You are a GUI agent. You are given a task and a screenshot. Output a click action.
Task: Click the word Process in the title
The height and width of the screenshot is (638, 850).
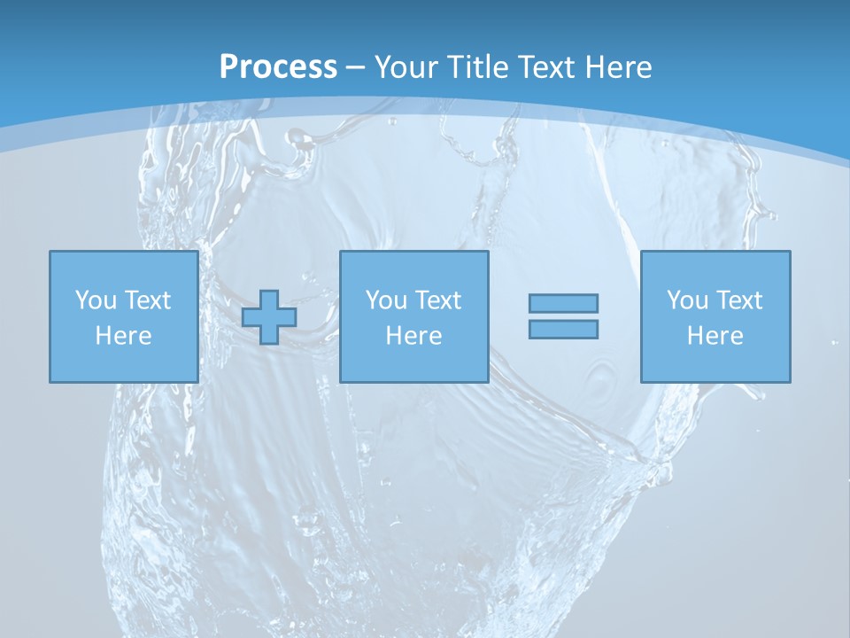tap(278, 67)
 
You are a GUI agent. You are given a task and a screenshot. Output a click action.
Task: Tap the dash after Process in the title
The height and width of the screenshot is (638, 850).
tap(356, 67)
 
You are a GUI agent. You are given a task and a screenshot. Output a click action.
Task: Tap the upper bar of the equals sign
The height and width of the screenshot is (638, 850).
tap(563, 303)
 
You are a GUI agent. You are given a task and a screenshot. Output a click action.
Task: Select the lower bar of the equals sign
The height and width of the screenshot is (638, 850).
tap(563, 329)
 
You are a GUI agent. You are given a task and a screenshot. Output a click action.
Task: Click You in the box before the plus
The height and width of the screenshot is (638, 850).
tap(95, 300)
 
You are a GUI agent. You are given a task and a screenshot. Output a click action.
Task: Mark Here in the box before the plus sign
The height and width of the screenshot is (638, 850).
tap(123, 336)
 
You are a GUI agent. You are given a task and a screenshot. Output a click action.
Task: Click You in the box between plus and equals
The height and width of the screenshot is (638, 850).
tap(385, 300)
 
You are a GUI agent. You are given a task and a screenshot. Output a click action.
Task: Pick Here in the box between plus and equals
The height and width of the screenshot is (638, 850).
tap(413, 336)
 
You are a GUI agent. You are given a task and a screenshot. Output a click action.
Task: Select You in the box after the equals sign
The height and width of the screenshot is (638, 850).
tap(686, 300)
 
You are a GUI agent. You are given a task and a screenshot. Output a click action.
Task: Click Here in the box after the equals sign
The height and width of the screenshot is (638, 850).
tap(715, 336)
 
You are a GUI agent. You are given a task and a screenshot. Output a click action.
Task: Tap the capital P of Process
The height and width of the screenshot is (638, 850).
tap(228, 67)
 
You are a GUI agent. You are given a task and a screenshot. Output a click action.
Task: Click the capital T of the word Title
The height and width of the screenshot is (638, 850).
tap(455, 67)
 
